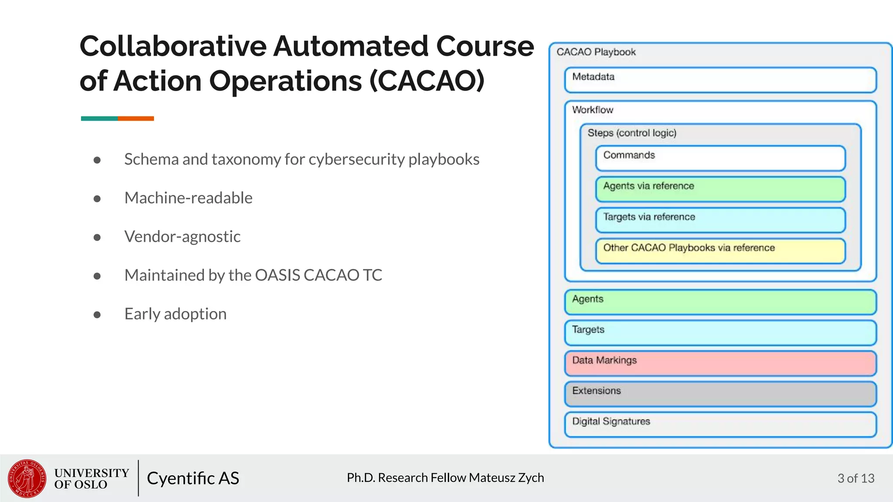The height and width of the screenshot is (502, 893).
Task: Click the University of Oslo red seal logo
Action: (27, 478)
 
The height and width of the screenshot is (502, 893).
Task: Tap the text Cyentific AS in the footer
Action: (193, 478)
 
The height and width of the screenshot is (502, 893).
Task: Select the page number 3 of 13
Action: (856, 478)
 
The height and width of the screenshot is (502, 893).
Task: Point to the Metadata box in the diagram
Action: (720, 80)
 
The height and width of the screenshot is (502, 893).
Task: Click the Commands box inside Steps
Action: (720, 158)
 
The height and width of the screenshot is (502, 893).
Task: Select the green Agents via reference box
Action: (720, 189)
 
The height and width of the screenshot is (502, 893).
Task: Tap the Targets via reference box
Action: (720, 220)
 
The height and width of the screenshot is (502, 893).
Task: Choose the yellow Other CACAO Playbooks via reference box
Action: (720, 251)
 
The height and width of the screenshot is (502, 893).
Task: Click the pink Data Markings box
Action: (720, 363)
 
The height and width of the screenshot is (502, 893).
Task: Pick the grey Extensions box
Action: (720, 394)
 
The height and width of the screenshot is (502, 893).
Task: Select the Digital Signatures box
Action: (720, 424)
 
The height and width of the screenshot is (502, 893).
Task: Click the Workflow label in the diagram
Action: (592, 110)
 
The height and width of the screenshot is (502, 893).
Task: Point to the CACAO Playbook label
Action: (596, 52)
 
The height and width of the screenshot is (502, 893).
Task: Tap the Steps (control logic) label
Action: (631, 133)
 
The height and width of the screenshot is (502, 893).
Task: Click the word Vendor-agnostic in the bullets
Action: (182, 237)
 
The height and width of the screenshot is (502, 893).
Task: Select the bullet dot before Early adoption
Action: (97, 315)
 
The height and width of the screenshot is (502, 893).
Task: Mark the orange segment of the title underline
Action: (136, 119)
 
